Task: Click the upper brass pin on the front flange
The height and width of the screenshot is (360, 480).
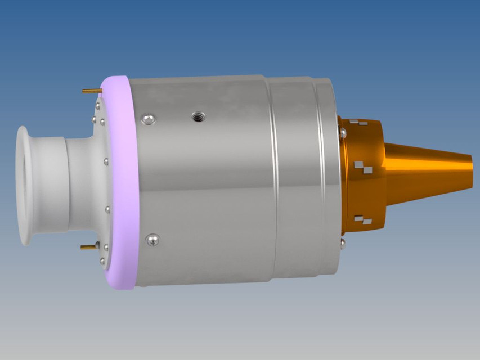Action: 91,90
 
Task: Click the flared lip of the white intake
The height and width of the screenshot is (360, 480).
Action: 24,186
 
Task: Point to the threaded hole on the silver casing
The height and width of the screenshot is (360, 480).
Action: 198,117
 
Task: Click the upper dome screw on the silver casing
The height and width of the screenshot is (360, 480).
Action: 148,118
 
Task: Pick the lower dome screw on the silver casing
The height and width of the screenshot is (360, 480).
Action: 152,240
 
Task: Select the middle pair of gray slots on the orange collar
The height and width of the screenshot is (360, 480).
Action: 362,166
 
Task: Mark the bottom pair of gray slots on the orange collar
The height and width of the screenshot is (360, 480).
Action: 363,219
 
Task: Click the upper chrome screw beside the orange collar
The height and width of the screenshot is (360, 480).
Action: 343,132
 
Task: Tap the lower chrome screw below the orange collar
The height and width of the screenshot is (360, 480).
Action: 343,242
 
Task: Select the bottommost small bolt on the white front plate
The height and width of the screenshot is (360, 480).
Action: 102,261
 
